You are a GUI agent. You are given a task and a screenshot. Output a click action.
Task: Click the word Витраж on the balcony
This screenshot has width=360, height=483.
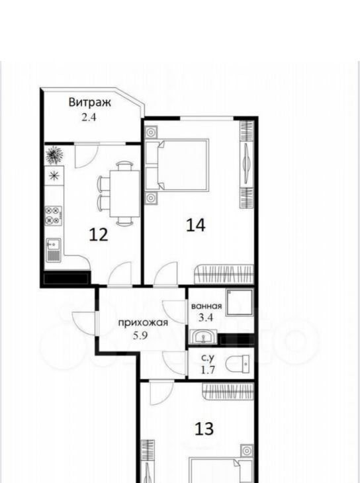[x=90, y=103]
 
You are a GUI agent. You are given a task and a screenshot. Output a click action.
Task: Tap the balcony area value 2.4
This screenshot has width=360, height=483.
[x=89, y=118]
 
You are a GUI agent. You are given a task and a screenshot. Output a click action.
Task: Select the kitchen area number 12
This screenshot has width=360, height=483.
[x=99, y=235]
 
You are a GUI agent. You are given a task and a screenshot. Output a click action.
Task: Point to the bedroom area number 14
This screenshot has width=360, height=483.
[x=196, y=225]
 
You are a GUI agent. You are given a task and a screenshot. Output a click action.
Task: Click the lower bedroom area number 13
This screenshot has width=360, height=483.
[x=204, y=429]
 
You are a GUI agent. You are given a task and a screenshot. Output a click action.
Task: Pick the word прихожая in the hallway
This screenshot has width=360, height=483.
[x=144, y=323]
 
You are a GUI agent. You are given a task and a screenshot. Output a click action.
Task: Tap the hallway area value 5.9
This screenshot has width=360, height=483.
[x=140, y=335]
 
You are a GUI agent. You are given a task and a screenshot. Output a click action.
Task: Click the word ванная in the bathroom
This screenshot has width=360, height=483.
[x=206, y=306]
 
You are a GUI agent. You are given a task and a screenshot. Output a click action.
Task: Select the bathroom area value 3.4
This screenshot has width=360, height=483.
[x=206, y=318]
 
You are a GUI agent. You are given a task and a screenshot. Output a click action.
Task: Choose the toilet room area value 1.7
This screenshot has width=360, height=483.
[x=208, y=370]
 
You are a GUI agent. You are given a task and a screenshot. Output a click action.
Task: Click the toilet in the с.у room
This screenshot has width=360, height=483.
[x=238, y=363]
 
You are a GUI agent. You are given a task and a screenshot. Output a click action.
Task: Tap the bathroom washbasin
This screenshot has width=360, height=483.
[x=203, y=337]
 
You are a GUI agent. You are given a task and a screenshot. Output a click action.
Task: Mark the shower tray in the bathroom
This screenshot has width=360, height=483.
[x=240, y=303]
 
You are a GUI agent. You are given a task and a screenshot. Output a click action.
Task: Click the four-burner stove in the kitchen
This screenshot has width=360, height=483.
[x=54, y=216]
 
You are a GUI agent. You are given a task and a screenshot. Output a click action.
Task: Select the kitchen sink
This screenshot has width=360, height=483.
[x=54, y=249]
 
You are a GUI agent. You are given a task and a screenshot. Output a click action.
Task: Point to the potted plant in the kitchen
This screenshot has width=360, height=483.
[x=54, y=155]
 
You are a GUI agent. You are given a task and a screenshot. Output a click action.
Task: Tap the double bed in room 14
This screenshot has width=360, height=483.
[x=177, y=164]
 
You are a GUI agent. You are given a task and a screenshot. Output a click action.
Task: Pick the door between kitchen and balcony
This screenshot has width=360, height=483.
[x=86, y=157]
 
